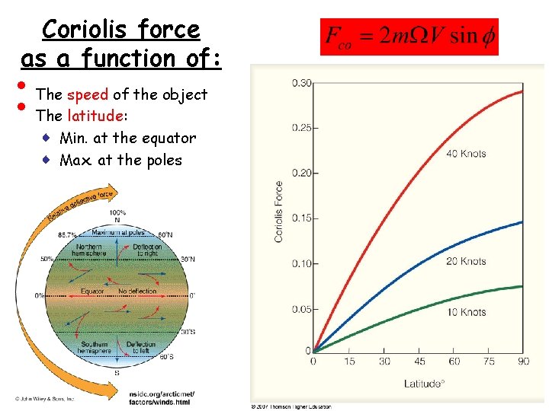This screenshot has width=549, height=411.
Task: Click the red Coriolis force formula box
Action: (409, 37)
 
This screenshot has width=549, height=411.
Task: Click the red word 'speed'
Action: (88, 95)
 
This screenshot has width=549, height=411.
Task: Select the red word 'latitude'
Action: (95, 116)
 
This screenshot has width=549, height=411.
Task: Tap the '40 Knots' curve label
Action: (467, 154)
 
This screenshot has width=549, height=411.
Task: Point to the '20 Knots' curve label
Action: (467, 261)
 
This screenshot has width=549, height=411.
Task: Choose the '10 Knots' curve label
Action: (467, 312)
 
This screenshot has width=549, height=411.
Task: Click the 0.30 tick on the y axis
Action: (300, 82)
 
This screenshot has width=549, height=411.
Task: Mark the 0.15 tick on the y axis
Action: (300, 218)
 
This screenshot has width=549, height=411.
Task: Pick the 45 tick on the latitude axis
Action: (420, 362)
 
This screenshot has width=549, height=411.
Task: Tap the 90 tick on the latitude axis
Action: (522, 362)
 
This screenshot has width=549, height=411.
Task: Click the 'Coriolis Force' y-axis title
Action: (279, 212)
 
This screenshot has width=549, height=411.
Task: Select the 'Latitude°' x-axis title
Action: (423, 384)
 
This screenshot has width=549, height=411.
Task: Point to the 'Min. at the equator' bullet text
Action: (127, 139)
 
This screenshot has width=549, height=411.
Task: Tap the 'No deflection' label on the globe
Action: (137, 292)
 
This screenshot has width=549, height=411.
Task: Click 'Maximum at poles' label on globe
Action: (119, 232)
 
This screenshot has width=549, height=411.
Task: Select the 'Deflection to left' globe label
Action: (142, 348)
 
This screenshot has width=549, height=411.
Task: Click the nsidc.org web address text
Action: (162, 397)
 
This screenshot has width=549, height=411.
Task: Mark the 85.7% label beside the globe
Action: (67, 235)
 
